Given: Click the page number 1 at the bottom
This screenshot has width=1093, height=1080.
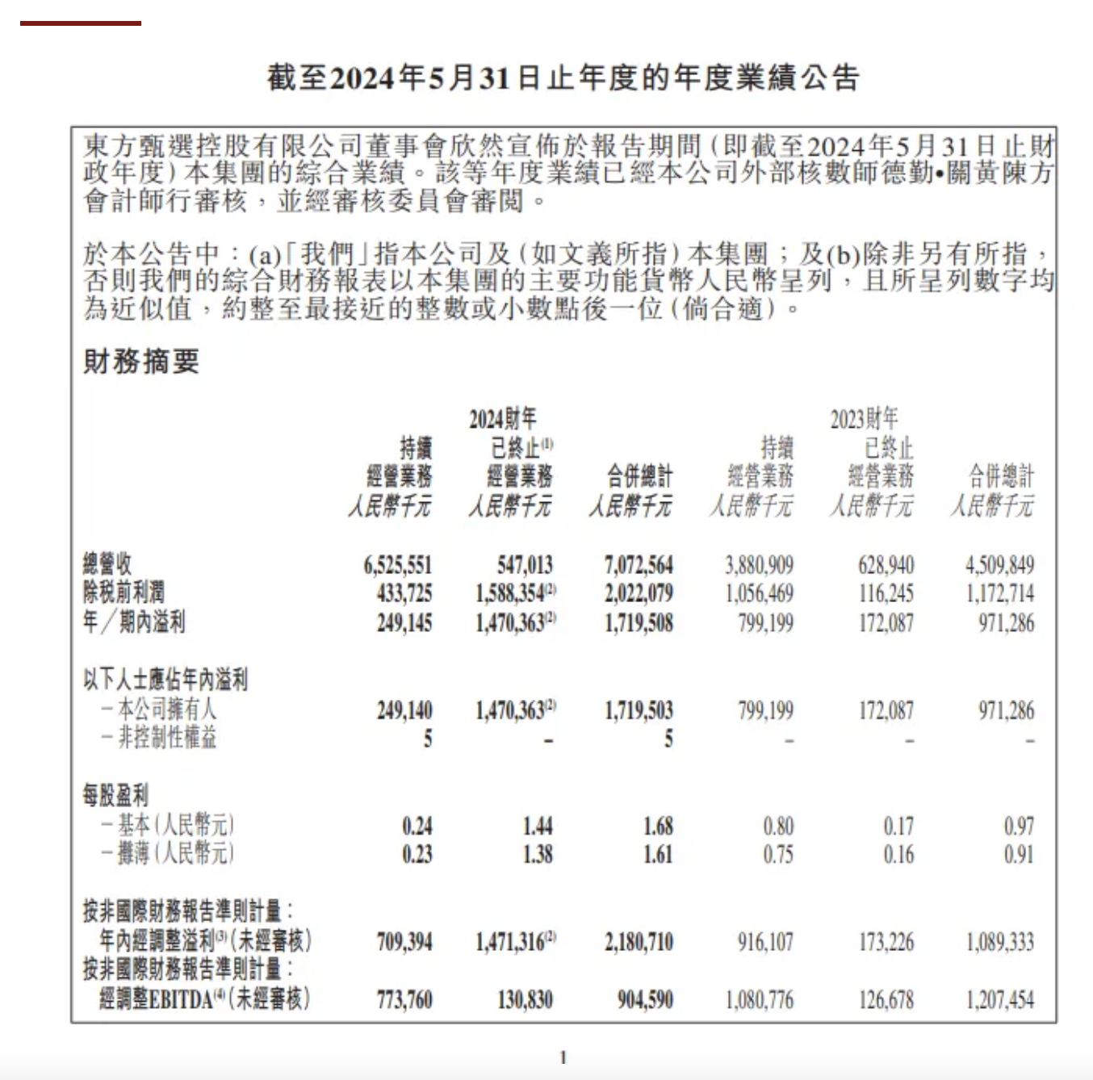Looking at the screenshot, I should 563,1057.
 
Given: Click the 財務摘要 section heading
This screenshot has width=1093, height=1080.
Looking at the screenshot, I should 141,362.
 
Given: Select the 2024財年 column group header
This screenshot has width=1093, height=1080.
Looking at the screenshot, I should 502,419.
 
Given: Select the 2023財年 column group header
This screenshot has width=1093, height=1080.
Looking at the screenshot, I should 864,419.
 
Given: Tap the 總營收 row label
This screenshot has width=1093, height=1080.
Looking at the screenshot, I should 107,564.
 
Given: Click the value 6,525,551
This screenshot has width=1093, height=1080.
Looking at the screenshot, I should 397,565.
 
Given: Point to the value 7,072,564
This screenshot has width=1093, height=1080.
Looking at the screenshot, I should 638,565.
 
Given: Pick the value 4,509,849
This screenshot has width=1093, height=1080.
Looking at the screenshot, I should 999,565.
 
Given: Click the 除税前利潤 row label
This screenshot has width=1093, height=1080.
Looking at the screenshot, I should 124,593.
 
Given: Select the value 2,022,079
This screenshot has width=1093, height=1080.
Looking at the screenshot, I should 638,594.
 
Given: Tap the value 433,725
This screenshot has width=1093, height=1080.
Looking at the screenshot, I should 404,594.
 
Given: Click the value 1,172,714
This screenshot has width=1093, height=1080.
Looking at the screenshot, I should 999,594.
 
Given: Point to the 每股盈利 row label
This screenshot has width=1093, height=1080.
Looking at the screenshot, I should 115,796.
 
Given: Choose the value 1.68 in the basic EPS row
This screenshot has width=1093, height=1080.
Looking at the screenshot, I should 658,826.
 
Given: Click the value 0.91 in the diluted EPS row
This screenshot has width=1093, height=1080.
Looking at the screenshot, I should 1018,854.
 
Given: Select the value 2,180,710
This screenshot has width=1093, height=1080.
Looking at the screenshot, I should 638,942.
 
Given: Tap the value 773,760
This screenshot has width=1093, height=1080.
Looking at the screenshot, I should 404,1001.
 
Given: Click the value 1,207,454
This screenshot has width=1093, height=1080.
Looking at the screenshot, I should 999,1001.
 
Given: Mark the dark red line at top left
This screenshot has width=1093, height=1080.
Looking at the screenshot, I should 81,23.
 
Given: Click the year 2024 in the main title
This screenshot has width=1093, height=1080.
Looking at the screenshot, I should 365,78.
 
